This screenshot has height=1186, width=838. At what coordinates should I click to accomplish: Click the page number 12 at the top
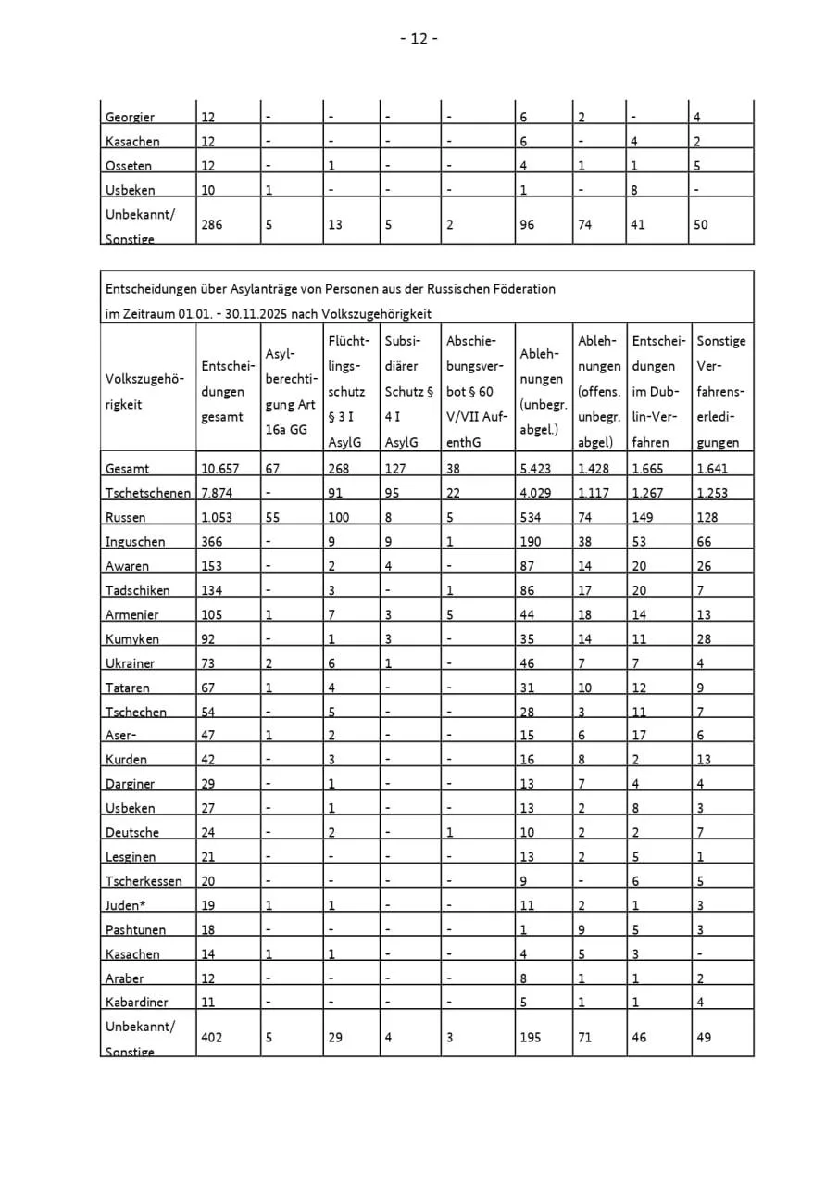pos(419,38)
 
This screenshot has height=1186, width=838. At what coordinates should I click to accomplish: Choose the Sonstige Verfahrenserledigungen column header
pos(720,392)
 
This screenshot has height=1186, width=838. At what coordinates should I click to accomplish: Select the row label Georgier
pos(130,118)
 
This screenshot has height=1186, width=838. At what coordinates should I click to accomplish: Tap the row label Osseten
pos(129,166)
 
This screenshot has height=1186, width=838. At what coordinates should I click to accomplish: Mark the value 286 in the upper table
pos(212,224)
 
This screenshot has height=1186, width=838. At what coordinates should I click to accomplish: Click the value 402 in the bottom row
pos(212,1037)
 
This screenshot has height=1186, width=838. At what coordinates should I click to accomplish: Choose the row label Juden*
pos(125,905)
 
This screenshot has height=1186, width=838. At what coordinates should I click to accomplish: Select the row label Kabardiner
pos(137,1003)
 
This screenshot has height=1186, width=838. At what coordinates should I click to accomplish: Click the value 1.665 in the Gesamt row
pos(648,469)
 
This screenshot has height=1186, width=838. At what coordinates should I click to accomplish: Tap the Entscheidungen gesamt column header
pos(222,392)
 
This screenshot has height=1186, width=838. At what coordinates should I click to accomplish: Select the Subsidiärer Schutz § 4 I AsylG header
pos(408,392)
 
